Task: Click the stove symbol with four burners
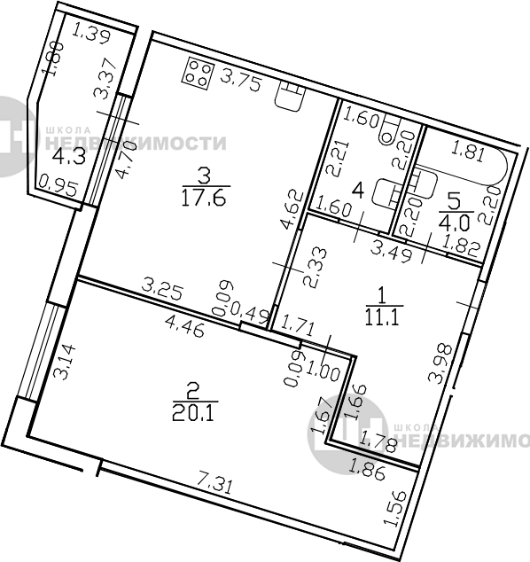point(199,74)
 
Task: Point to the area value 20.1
point(193,413)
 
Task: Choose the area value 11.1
point(382,316)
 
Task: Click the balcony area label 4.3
point(69,157)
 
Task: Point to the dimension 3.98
point(440,363)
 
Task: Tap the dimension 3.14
point(65,362)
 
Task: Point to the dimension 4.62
point(292,210)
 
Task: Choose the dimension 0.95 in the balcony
point(58,185)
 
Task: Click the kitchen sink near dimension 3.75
point(291,96)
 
